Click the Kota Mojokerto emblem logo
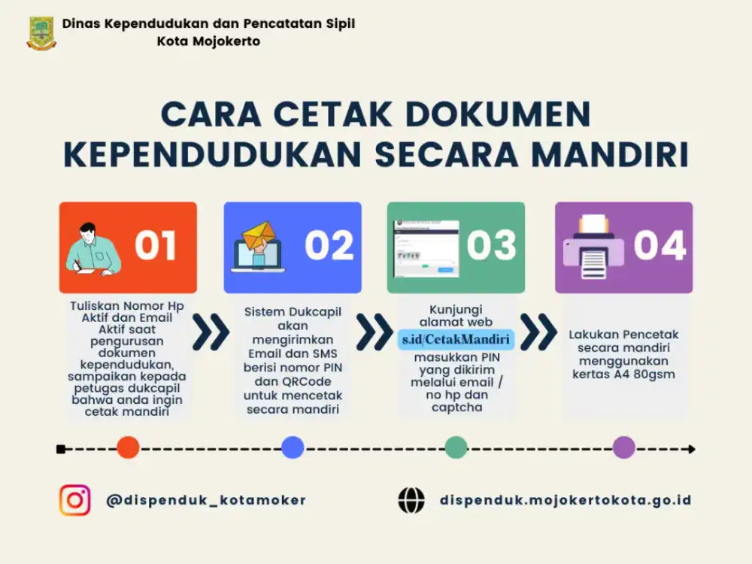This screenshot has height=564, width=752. pos(41,33)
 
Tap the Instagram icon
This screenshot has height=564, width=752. pos(75,500)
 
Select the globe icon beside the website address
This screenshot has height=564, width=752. pos(411,500)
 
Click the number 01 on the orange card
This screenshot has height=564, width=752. pos(155,246)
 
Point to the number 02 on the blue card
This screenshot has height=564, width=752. pos(329,246)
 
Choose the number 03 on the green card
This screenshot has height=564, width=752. pos(491,246)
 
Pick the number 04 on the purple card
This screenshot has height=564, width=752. pos(660,246)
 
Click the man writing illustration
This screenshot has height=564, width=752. pos(93,248)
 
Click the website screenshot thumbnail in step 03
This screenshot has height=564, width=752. pos(426,249)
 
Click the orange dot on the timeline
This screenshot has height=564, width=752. pos(128,448)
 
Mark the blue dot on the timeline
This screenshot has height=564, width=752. pos(293,448)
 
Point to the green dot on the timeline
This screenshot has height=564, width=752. pos(456,448)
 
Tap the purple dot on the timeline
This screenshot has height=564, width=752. pos(623,448)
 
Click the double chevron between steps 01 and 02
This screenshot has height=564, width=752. pos(211,333)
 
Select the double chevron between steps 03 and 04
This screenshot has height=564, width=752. pos(538,333)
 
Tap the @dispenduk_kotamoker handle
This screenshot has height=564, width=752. pos(206,500)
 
